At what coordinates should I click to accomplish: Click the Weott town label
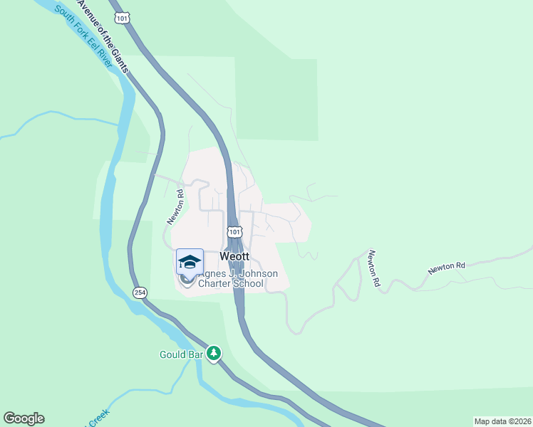234,256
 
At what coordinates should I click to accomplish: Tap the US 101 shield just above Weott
234,232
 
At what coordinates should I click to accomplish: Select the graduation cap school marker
190,262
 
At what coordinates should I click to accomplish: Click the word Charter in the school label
217,283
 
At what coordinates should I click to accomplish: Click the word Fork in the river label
73,28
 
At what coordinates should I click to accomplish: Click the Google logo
24,418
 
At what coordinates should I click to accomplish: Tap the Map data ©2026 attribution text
502,421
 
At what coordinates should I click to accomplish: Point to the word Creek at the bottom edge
98,422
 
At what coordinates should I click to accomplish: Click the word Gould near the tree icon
171,354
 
